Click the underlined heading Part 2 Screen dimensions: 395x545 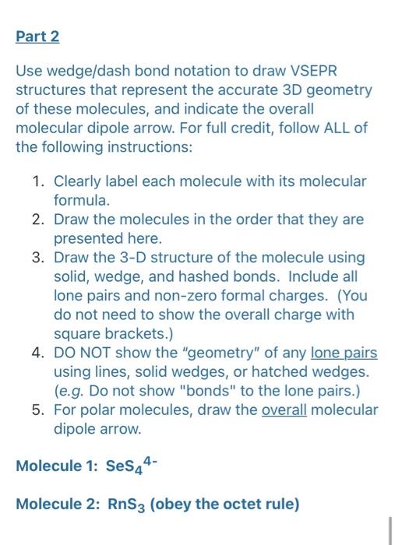pyautogui.click(x=37, y=37)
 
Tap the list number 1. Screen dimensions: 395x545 pyautogui.click(x=37, y=181)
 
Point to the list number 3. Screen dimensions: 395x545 pyautogui.click(x=37, y=258)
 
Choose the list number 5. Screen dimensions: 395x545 pyautogui.click(x=37, y=410)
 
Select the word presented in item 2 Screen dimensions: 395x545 pyautogui.click(x=87, y=239)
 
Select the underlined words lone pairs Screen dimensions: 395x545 pyautogui.click(x=344, y=353)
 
